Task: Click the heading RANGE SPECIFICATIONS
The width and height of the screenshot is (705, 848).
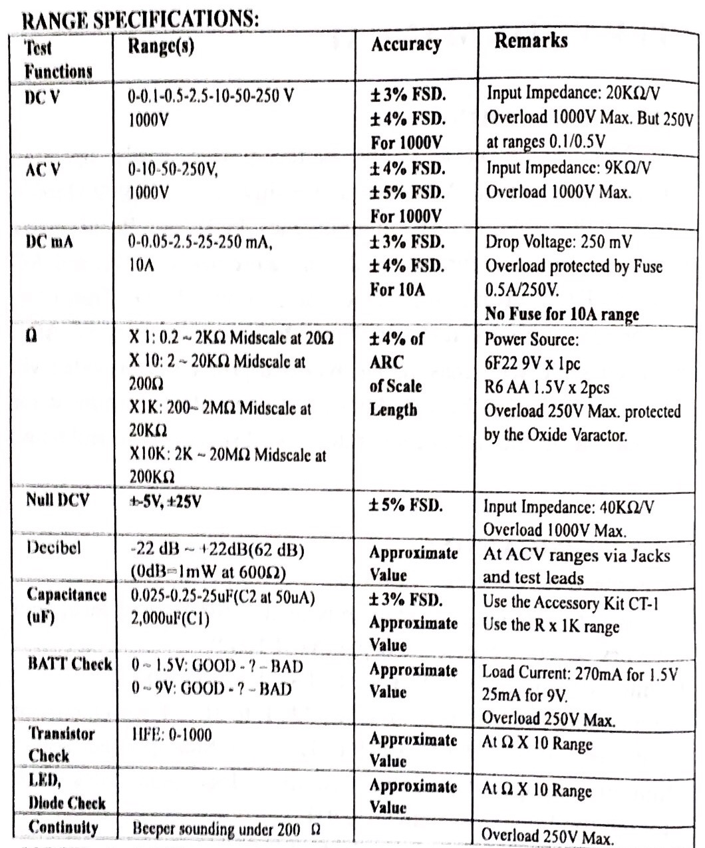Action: [140, 19]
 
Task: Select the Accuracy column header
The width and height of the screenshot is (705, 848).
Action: [406, 45]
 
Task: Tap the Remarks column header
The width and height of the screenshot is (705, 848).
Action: [531, 41]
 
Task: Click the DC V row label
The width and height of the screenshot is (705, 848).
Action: [42, 97]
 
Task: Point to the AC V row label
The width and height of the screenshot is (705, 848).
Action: [43, 170]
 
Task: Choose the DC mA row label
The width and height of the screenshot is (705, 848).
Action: [49, 242]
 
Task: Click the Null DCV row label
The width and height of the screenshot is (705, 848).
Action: [57, 500]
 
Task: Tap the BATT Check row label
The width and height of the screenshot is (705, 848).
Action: [70, 664]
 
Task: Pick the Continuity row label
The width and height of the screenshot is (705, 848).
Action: [63, 828]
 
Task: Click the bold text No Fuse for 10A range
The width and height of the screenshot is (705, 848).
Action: [561, 314]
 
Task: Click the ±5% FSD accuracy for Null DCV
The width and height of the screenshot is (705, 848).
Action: [406, 505]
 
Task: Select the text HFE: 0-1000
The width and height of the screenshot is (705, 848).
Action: [172, 735]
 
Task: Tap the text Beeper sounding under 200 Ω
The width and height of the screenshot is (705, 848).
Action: [226, 829]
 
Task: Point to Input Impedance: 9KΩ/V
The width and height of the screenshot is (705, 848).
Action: [569, 167]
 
